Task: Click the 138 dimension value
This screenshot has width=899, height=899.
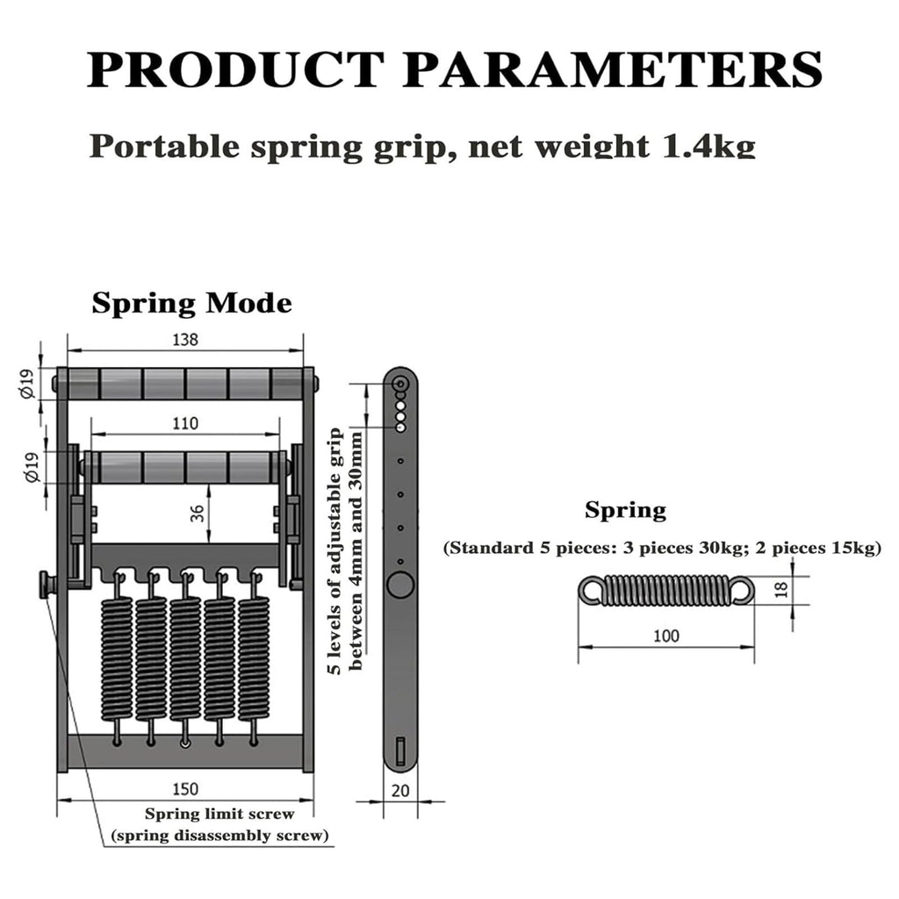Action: (185, 340)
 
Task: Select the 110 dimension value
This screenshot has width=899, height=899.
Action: (185, 423)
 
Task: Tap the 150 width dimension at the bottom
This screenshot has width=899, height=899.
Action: (185, 789)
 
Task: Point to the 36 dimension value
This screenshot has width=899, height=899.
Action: (198, 513)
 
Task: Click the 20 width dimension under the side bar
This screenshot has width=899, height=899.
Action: (400, 791)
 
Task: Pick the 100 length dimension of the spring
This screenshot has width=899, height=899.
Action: (666, 636)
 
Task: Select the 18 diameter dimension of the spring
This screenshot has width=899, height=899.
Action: (781, 589)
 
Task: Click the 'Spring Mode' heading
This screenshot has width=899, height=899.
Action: (192, 303)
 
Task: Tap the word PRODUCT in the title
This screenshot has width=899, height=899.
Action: (235, 69)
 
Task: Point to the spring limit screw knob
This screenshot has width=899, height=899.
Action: (46, 585)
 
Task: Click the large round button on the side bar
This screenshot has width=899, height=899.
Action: (400, 586)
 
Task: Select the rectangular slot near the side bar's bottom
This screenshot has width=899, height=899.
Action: (400, 750)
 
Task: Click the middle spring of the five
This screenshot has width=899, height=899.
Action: (185, 659)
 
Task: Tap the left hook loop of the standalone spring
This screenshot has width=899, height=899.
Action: (591, 590)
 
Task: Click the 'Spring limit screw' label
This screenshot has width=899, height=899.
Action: (219, 814)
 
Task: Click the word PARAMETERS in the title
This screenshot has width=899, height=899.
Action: (612, 69)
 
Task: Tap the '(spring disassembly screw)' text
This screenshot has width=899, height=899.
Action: (220, 836)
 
